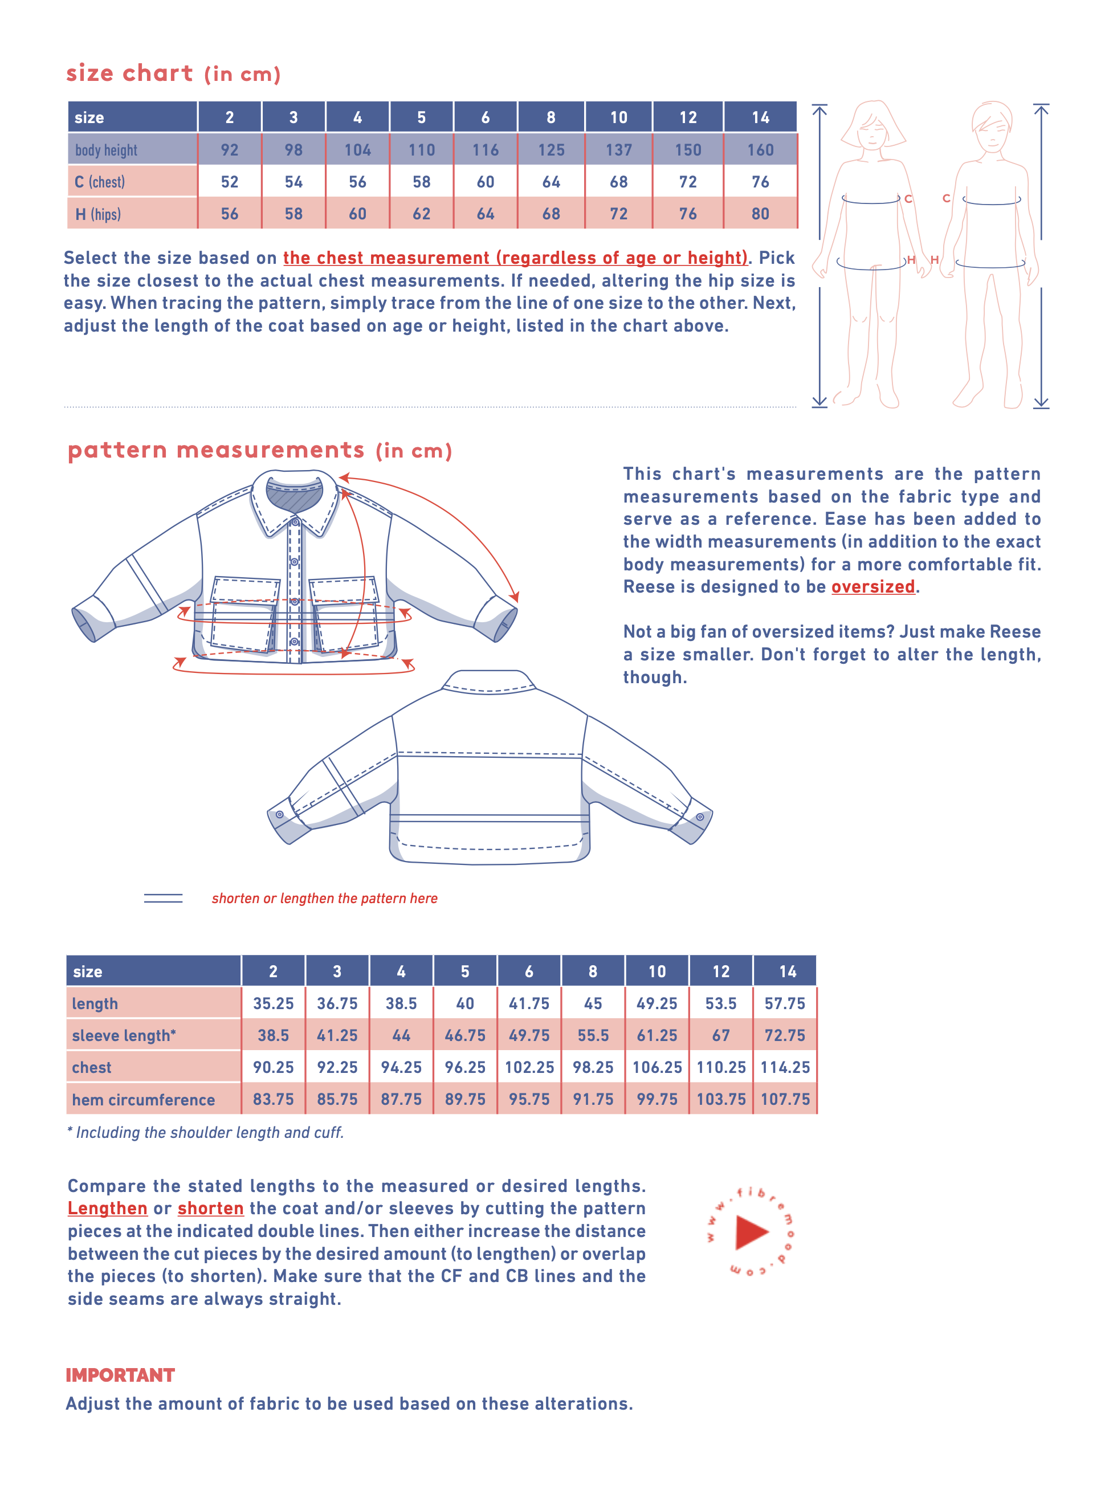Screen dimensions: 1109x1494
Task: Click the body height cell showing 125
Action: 551,150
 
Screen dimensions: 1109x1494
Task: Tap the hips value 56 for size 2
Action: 230,214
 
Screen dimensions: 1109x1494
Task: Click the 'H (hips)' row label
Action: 98,214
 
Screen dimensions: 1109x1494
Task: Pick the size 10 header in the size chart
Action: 618,117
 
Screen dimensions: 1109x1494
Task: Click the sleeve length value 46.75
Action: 464,1035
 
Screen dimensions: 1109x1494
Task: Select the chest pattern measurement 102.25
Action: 529,1067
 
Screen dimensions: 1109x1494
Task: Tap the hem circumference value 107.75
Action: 785,1099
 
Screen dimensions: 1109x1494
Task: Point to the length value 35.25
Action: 273,1003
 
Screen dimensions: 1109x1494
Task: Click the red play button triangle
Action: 751,1232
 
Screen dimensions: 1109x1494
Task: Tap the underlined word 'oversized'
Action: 872,586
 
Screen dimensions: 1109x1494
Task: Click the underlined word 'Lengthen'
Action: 107,1208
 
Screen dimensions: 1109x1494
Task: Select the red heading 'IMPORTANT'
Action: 120,1375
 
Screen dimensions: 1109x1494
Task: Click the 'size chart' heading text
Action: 129,72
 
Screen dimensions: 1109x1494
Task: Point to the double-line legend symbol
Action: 163,898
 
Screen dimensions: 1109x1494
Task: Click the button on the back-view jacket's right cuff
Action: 699,817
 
